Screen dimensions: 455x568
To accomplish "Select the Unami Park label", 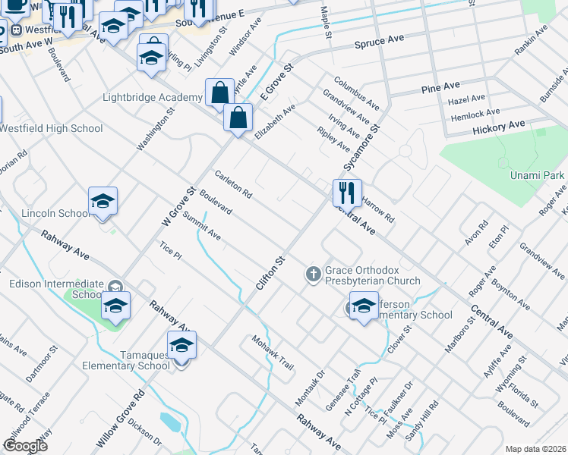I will point(537,175).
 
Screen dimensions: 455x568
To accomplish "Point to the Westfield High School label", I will point(51,128).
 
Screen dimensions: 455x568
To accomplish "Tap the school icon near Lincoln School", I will point(103,202).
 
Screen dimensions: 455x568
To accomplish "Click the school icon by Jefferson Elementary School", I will point(364,306).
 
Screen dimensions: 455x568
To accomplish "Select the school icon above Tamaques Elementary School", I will point(181,346).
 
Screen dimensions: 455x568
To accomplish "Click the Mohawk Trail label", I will point(273,352).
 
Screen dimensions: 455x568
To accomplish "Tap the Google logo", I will point(25,446).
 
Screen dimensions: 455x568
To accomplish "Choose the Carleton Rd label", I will point(233,183).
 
